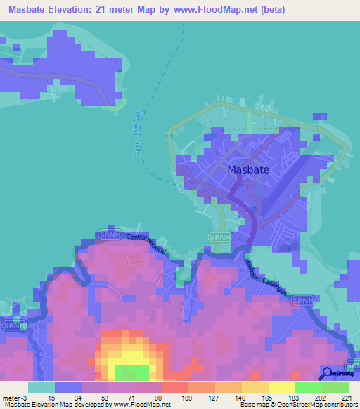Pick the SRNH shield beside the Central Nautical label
107,233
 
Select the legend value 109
187,398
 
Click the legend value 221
346,398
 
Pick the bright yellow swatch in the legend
281,387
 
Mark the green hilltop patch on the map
131,372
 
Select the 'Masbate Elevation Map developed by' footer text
49,405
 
